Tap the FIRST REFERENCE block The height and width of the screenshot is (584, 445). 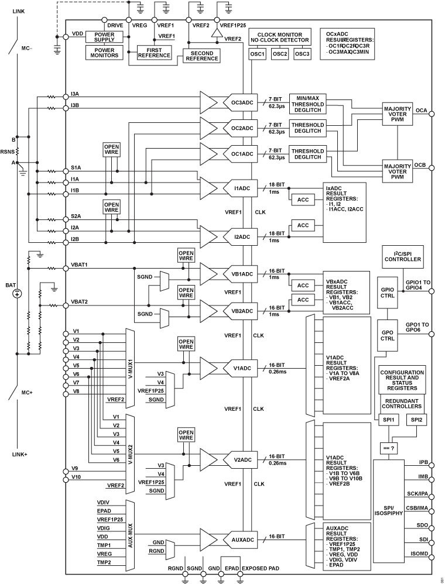click(154, 53)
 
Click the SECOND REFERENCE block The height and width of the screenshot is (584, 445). click(201, 56)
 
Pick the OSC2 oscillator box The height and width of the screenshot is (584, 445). click(280, 54)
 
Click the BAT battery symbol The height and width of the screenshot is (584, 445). click(18, 293)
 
